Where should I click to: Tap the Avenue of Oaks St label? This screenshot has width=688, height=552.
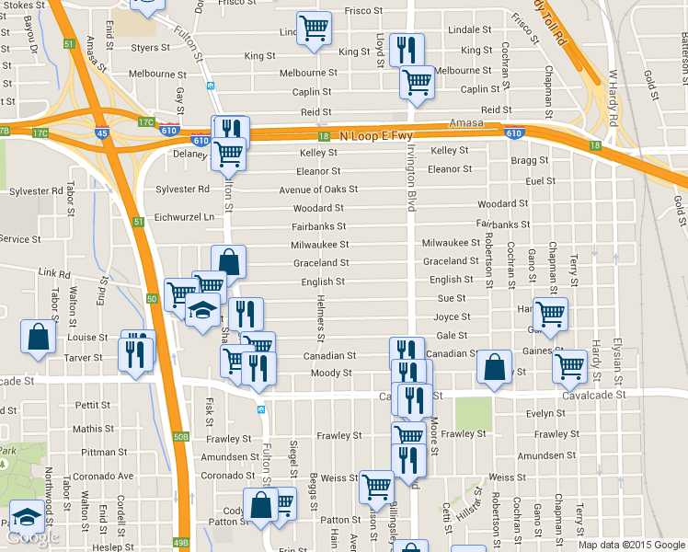click(x=318, y=190)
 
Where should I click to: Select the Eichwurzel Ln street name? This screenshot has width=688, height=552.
click(x=184, y=217)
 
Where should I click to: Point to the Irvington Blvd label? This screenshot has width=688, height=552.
click(x=411, y=176)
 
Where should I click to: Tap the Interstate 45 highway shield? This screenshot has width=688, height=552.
click(x=101, y=133)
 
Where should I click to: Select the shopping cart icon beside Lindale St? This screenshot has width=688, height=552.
click(x=314, y=28)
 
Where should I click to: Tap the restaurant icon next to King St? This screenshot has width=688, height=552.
click(x=407, y=47)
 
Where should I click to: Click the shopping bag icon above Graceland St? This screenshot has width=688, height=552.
click(x=228, y=261)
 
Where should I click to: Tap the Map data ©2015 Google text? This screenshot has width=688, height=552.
click(x=631, y=545)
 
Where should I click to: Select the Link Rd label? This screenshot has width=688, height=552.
click(x=55, y=274)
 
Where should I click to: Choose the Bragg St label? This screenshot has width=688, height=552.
click(x=529, y=160)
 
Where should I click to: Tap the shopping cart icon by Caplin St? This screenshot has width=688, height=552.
click(x=417, y=82)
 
